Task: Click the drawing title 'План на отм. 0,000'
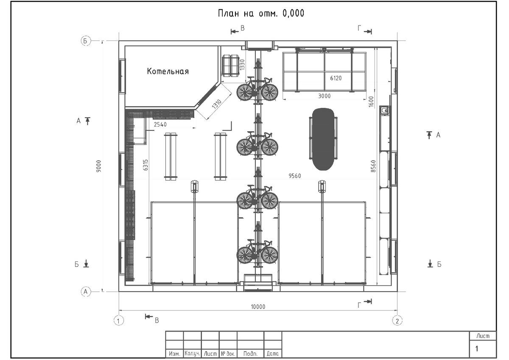261,14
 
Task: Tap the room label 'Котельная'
168,71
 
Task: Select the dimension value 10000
258,307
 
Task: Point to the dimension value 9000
98,166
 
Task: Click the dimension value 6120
336,78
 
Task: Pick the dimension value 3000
324,96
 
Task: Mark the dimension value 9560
295,176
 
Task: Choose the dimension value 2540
160,124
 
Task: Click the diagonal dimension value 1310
217,104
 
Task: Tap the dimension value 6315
145,165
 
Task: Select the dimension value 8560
373,166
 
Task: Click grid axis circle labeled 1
119,321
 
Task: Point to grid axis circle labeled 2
397,321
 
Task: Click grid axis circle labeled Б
86,41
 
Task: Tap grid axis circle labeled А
86,291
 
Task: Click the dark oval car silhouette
323,139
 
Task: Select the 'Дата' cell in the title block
273,354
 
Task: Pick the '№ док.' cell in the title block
228,354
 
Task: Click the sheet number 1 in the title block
477,349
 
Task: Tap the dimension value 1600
371,101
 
